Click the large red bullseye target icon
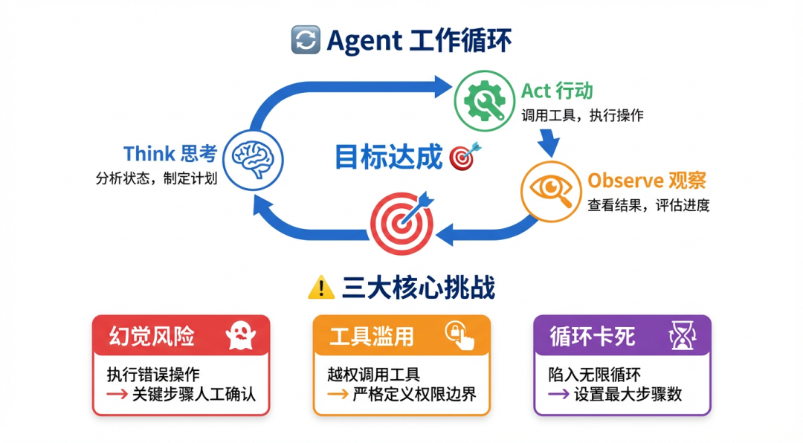tap(401, 221)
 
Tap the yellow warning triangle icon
tap(321, 288)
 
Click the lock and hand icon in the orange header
tap(460, 335)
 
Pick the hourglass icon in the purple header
tap(680, 337)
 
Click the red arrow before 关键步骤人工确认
tap(117, 395)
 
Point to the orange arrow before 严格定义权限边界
tap(338, 395)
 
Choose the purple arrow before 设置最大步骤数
tap(558, 395)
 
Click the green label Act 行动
tap(557, 91)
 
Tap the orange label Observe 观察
tap(646, 180)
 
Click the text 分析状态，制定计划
tap(156, 178)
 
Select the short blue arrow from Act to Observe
tap(549, 141)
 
